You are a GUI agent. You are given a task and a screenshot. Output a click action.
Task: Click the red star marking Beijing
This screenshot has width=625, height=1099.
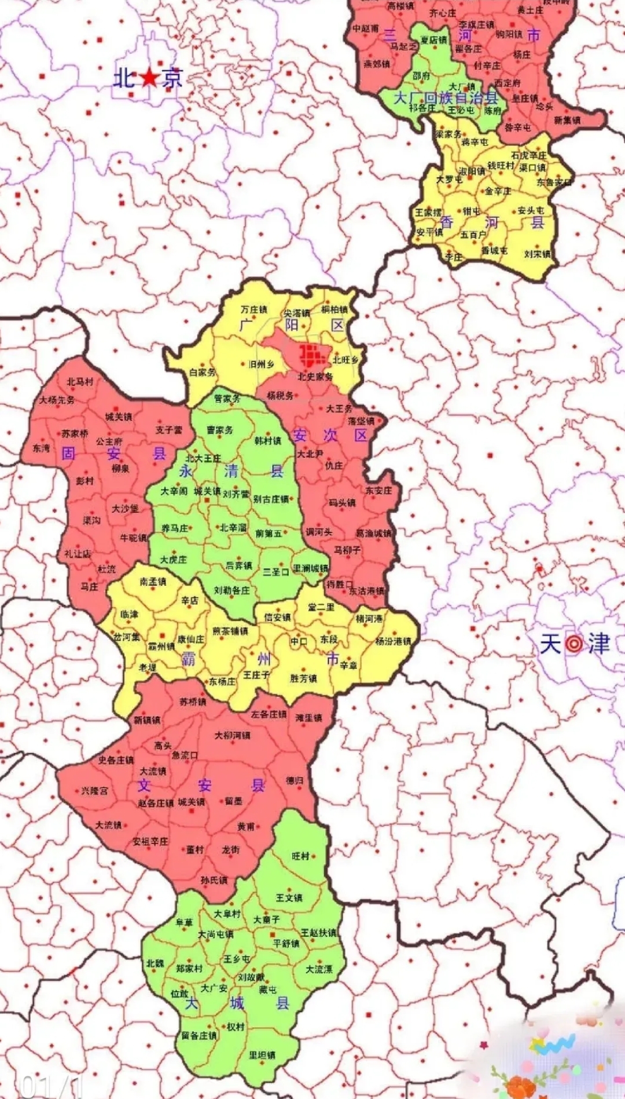(x=149, y=77)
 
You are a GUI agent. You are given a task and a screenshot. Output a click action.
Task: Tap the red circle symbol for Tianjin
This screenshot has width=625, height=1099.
(x=574, y=644)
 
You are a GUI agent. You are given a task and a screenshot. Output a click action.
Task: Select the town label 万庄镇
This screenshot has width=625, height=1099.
(x=254, y=310)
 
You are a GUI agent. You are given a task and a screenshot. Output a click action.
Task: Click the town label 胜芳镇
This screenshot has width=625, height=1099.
(x=303, y=678)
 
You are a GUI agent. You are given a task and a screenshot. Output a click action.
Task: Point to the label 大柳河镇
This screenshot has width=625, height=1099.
(x=233, y=735)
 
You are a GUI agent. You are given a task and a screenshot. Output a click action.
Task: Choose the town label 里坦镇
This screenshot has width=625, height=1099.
(x=262, y=1055)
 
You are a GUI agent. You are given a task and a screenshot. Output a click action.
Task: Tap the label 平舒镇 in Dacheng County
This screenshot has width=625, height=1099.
(x=286, y=943)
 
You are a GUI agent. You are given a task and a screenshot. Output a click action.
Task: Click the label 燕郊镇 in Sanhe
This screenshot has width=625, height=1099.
(x=376, y=64)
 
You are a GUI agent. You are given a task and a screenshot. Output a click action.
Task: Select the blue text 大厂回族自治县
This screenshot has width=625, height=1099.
(x=446, y=97)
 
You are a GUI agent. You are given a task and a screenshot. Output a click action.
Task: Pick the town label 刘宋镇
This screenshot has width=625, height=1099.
(x=538, y=254)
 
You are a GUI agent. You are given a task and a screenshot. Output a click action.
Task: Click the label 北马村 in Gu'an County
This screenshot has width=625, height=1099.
(x=80, y=382)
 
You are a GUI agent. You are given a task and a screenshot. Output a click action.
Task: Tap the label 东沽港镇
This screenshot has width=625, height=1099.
(x=366, y=592)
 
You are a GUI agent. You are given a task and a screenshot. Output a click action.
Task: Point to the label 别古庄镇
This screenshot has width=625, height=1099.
(x=271, y=499)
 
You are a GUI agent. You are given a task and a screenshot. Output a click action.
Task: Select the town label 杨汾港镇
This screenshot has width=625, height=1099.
(x=393, y=641)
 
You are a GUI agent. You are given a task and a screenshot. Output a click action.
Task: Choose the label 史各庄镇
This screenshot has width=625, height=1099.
(x=116, y=760)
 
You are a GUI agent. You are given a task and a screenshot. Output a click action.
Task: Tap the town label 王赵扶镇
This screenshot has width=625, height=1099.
(x=318, y=933)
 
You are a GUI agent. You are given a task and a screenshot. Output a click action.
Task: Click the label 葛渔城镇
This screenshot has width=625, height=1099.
(x=373, y=533)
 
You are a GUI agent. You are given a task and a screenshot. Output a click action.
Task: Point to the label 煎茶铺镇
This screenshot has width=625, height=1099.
(x=230, y=631)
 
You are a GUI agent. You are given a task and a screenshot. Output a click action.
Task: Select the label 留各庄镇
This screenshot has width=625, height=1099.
(x=198, y=1035)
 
